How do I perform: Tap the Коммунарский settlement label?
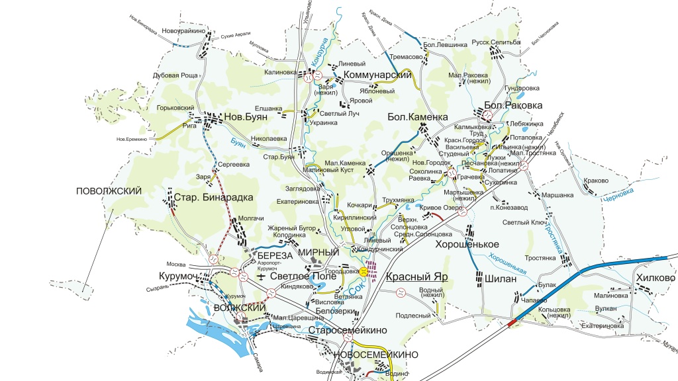(x=377, y=75)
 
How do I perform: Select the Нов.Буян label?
(x=247, y=116)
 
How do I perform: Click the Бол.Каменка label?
(x=418, y=117)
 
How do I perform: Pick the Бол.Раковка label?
(x=513, y=105)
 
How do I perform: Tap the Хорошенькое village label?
(x=467, y=244)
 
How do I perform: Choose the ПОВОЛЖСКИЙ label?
(x=109, y=191)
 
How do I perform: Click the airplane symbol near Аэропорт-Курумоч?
(x=262, y=276)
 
